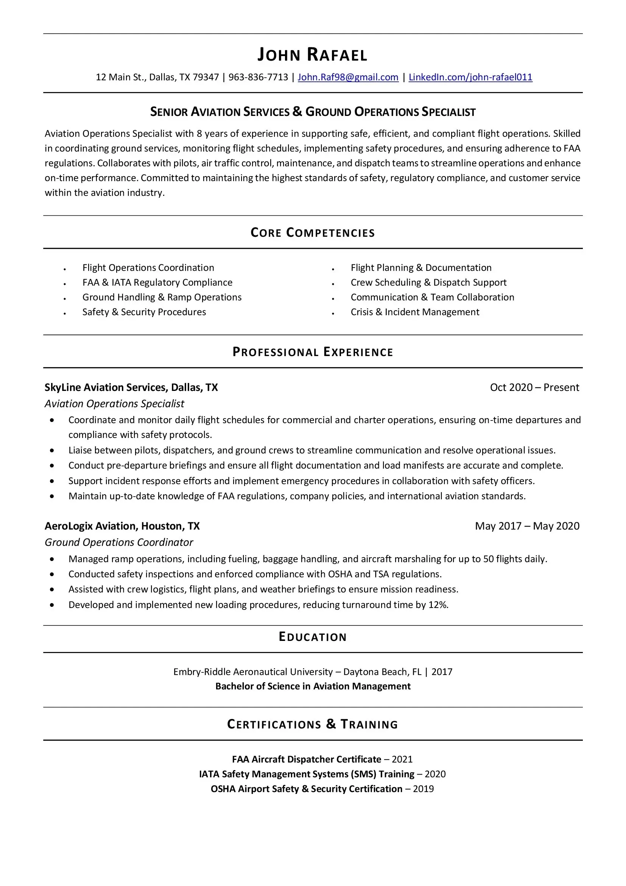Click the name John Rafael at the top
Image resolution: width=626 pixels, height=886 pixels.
(x=312, y=55)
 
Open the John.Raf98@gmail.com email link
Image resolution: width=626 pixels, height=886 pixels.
(x=348, y=77)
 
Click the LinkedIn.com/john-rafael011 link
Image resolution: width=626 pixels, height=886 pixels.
(x=470, y=77)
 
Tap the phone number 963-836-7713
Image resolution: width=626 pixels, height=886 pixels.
(x=258, y=77)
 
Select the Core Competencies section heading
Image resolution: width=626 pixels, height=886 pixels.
(x=312, y=233)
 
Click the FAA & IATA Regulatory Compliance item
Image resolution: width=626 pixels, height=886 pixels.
(x=157, y=283)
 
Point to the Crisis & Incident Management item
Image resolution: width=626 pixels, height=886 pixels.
(x=415, y=312)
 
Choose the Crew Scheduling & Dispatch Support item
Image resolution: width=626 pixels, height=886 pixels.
(x=428, y=283)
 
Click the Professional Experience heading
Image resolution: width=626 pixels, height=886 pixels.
(x=312, y=352)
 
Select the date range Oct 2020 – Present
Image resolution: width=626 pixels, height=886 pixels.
(x=534, y=388)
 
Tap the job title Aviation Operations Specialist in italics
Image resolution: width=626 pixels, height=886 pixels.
(x=114, y=404)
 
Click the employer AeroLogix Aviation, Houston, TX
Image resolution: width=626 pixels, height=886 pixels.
(x=122, y=527)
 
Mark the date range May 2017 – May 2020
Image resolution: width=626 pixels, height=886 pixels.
(x=527, y=527)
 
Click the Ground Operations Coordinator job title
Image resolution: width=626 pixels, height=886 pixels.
(x=119, y=542)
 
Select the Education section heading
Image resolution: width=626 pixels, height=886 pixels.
(x=312, y=637)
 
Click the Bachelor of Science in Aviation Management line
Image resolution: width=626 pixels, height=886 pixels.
(x=313, y=686)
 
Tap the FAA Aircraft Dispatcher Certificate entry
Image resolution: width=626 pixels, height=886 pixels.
(x=307, y=759)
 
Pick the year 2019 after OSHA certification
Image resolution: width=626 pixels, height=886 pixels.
(x=423, y=789)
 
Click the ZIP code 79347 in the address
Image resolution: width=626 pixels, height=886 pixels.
(x=206, y=77)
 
